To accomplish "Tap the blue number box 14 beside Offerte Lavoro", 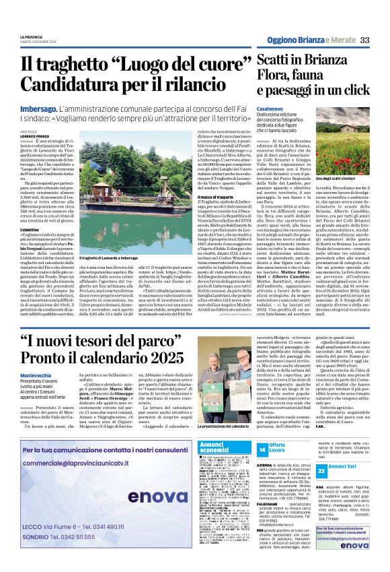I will tap(262, 449).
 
